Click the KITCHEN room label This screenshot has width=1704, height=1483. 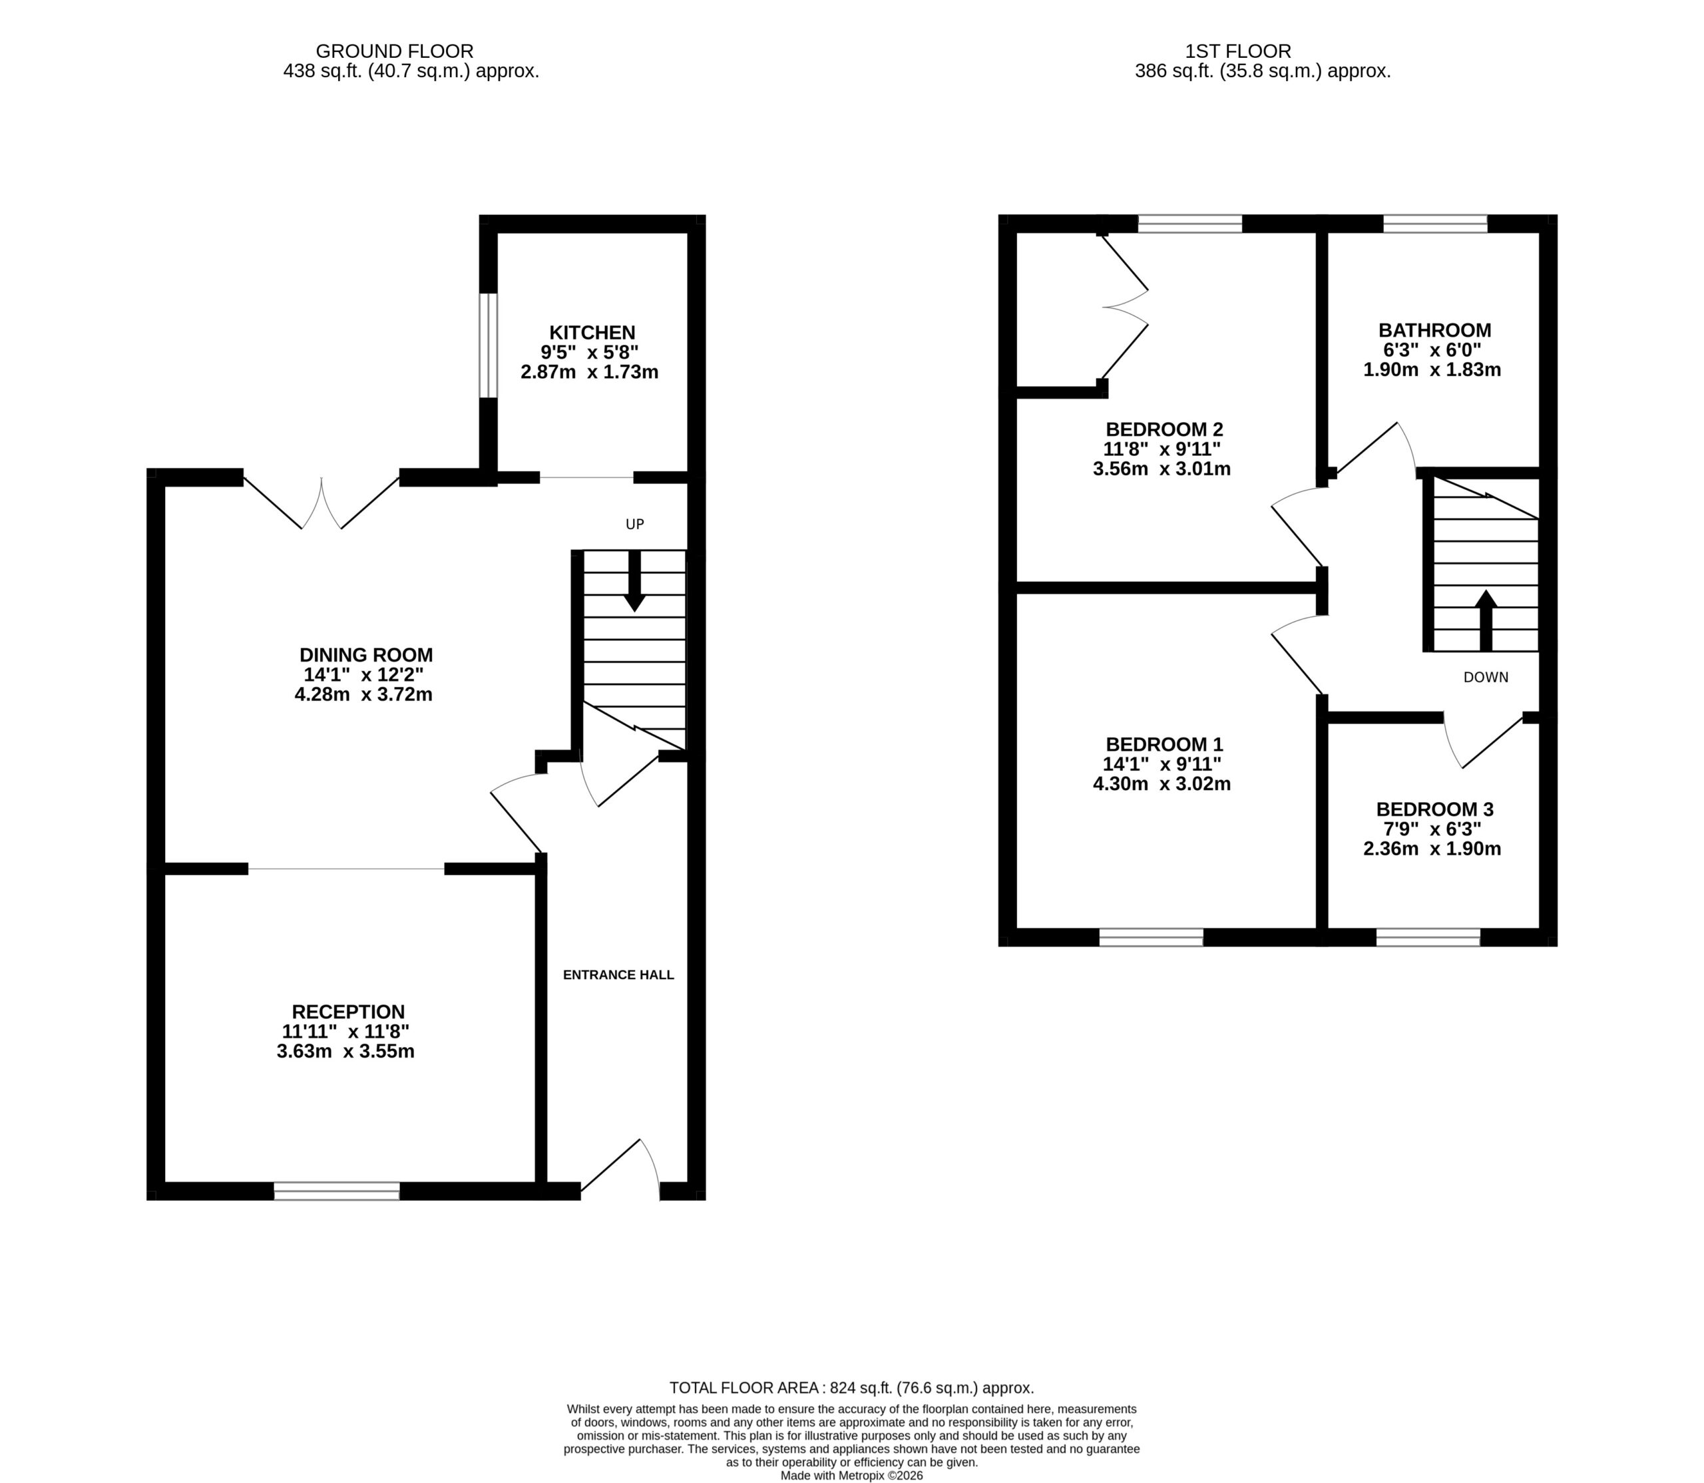click(592, 333)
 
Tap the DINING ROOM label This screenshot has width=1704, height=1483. click(366, 654)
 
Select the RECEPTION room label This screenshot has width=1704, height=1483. click(348, 1011)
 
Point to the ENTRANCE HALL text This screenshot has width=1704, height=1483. click(618, 975)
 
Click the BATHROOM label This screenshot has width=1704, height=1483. click(1434, 330)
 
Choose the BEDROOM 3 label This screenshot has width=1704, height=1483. click(1434, 809)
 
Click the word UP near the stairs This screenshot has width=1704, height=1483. click(635, 524)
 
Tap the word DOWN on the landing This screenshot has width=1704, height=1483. click(1486, 677)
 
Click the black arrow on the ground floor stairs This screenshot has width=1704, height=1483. click(635, 581)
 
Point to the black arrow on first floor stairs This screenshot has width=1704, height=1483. click(1486, 620)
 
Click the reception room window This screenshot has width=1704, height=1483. click(337, 1191)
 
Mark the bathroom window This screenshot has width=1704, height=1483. click(1435, 224)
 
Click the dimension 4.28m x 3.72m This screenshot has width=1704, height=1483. click(363, 694)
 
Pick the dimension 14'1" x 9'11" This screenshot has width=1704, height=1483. click(1163, 764)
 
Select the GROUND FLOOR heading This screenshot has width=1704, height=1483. click(395, 51)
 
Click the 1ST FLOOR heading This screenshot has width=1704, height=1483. click(1237, 51)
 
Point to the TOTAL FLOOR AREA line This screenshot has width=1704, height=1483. click(851, 1388)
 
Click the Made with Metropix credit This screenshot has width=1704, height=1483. click(851, 1476)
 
